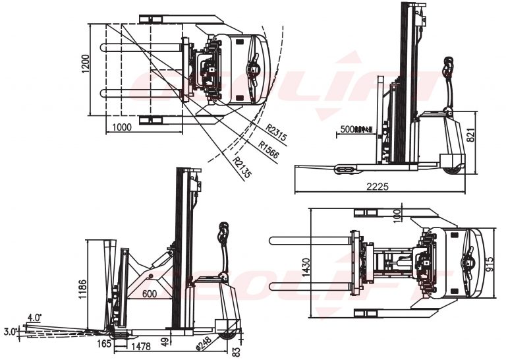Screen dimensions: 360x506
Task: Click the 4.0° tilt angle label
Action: tap(34, 317)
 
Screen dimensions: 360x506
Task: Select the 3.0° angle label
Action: tap(10, 331)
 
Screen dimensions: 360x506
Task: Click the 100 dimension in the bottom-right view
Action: tap(396, 216)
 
